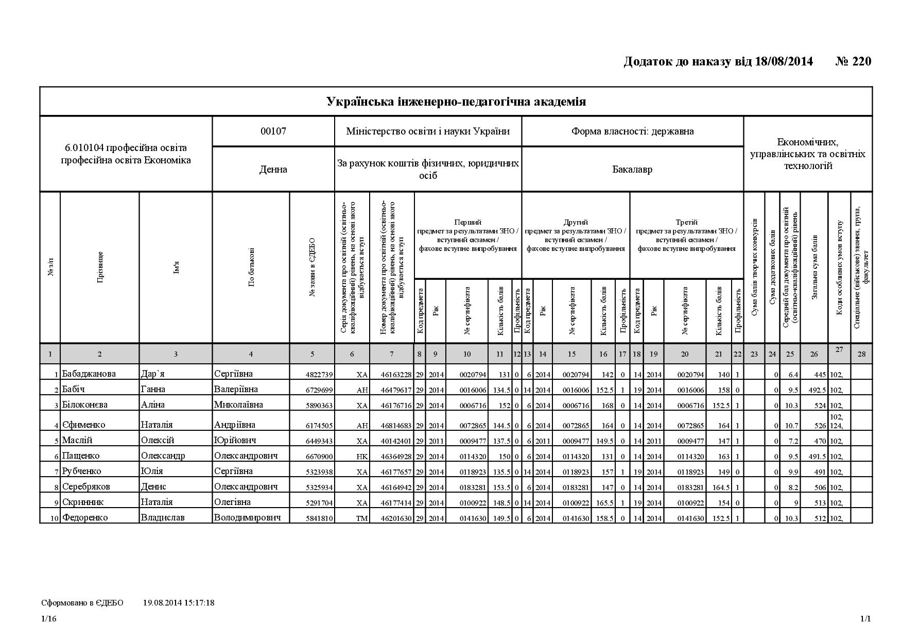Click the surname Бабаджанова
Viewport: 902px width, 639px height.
click(x=89, y=374)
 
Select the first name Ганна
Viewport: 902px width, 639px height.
click(x=153, y=389)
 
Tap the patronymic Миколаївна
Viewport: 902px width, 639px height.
click(x=238, y=405)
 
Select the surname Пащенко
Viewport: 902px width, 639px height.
click(x=81, y=456)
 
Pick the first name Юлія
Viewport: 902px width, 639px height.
click(x=152, y=471)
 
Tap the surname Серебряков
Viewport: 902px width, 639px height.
click(x=86, y=486)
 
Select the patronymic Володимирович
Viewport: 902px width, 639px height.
click(x=247, y=517)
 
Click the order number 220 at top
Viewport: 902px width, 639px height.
click(x=861, y=62)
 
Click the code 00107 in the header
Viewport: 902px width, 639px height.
click(x=273, y=131)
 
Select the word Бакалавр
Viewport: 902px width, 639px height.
click(x=632, y=169)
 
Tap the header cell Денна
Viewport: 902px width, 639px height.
click(x=273, y=169)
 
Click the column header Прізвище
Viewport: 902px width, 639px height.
click(x=100, y=267)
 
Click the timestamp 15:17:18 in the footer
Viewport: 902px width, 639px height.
click(x=198, y=602)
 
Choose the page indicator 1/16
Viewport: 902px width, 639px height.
click(x=49, y=619)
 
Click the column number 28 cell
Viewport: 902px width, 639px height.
click(x=861, y=354)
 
